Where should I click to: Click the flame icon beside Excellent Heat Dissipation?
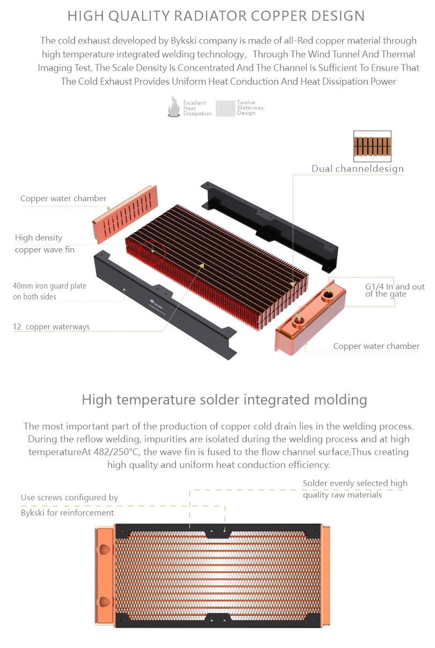pyautogui.click(x=174, y=107)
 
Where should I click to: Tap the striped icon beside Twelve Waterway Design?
pyautogui.click(x=225, y=108)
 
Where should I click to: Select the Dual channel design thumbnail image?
pyautogui.click(x=372, y=146)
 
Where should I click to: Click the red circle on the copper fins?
pyautogui.click(x=152, y=252)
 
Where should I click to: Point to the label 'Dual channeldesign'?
pyautogui.click(x=357, y=169)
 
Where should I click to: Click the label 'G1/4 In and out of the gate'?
pyautogui.click(x=395, y=290)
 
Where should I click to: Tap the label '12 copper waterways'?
pyautogui.click(x=51, y=326)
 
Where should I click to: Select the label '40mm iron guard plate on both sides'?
pyautogui.click(x=49, y=291)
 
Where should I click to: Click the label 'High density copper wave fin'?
pyautogui.click(x=45, y=243)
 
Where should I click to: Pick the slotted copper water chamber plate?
pyautogui.click(x=126, y=214)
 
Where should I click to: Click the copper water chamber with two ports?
pyautogui.click(x=310, y=318)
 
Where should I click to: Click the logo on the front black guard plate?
pyautogui.click(x=157, y=304)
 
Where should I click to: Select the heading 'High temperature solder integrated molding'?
pyautogui.click(x=224, y=400)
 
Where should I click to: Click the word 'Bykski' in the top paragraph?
pyautogui.click(x=183, y=41)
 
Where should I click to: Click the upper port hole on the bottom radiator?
pyautogui.click(x=105, y=549)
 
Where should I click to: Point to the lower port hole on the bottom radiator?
pyautogui.click(x=105, y=602)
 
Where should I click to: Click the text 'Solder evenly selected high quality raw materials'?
pyautogui.click(x=355, y=489)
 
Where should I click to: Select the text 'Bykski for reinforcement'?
pyautogui.click(x=67, y=512)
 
